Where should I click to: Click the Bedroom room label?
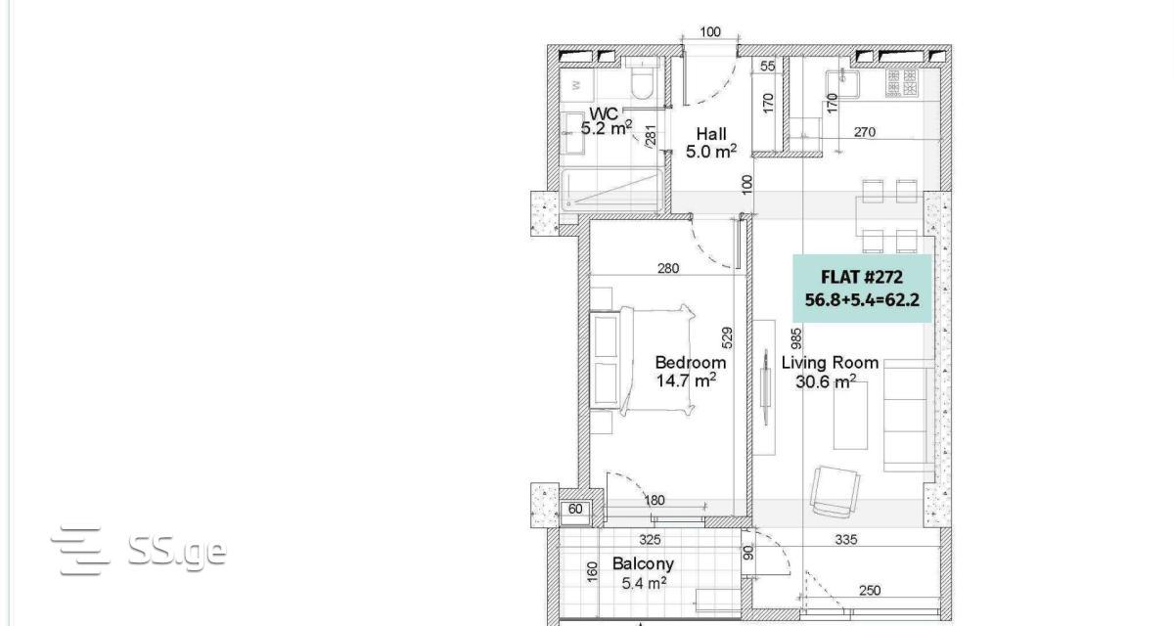[691, 363]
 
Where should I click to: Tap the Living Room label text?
[830, 363]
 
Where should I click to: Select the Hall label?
[711, 134]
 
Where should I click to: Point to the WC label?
[604, 113]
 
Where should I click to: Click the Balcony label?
[643, 563]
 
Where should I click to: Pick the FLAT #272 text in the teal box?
[862, 277]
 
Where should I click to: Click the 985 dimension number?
[796, 338]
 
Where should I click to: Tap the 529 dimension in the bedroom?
[728, 337]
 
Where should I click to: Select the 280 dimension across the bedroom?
[668, 268]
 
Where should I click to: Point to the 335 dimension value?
[846, 540]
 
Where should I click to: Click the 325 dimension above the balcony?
[650, 540]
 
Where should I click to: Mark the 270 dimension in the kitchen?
[865, 132]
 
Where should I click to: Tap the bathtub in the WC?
[611, 189]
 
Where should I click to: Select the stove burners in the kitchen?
[902, 83]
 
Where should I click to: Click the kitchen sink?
[842, 84]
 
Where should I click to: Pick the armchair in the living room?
[835, 490]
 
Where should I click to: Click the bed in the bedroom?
[643, 360]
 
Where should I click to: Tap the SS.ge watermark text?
[177, 552]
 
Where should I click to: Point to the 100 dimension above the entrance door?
[710, 32]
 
